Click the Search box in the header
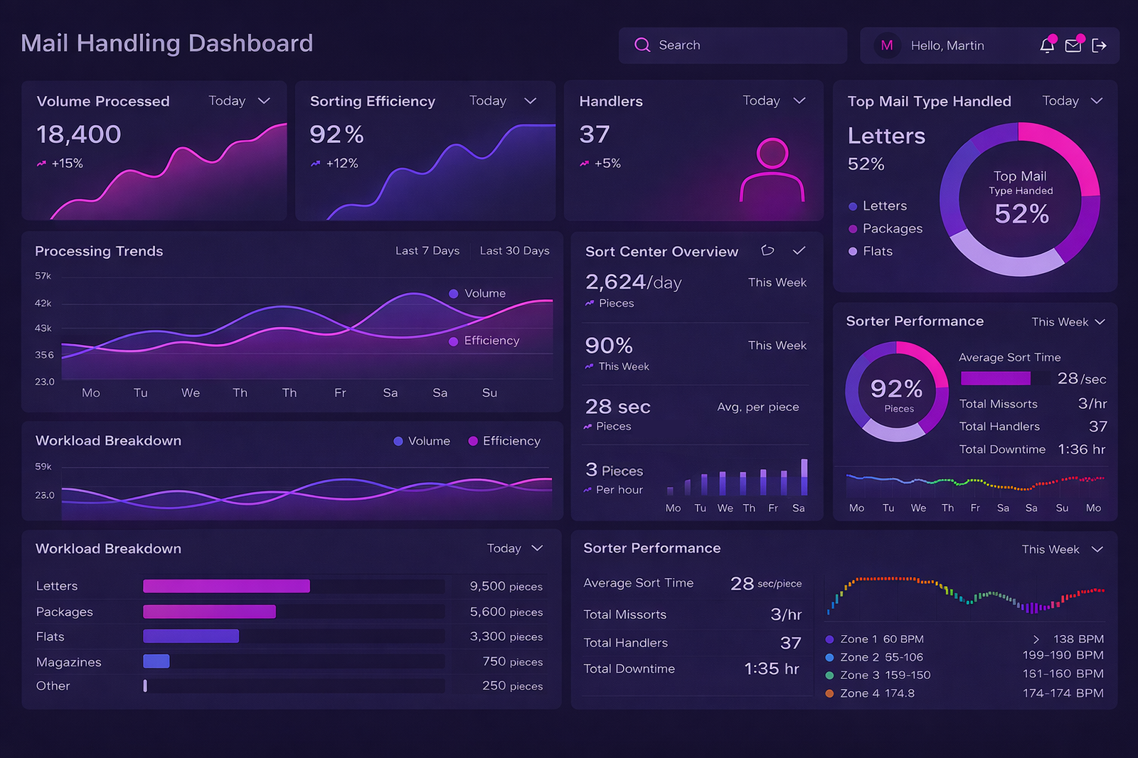pos(733,46)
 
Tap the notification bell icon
pos(1046,46)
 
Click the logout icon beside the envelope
pos(1099,46)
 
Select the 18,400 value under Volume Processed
pos(79,134)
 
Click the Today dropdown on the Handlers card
pos(774,101)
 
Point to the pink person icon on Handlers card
pos(772,170)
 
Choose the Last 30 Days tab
pos(514,251)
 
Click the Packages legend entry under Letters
pos(892,229)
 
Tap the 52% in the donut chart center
pos(1021,214)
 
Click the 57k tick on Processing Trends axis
pos(43,276)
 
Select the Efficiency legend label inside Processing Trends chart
pos(491,341)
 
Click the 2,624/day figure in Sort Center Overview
pos(633,282)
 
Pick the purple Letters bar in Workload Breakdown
pos(226,586)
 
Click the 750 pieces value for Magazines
pos(512,662)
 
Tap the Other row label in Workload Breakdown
pos(53,686)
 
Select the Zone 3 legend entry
pos(885,676)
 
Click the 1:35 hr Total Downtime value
pos(771,669)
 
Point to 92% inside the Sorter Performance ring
pos(896,389)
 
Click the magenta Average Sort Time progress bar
pos(995,378)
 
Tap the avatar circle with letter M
pos(887,46)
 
